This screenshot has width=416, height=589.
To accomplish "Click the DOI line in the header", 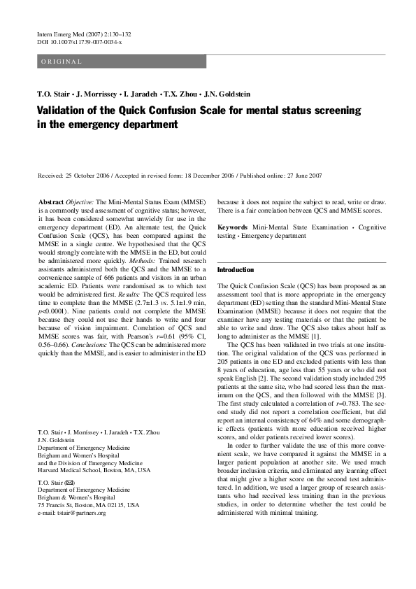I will (x=79, y=43).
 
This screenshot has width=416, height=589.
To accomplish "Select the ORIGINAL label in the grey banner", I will (x=62, y=62).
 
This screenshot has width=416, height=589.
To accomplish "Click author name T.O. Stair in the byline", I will (x=55, y=94).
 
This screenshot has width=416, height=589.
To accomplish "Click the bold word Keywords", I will (x=234, y=227).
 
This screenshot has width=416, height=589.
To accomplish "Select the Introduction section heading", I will (x=236, y=270).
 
